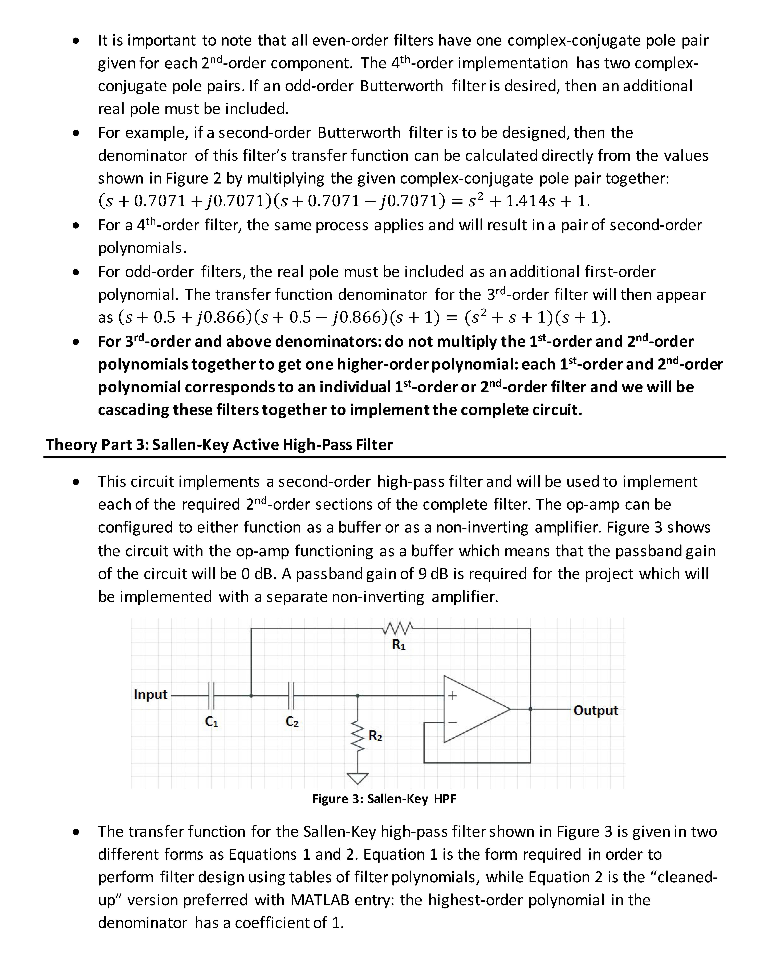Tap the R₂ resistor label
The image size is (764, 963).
(x=375, y=736)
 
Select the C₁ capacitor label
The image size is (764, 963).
(x=211, y=721)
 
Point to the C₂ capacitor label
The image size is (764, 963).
(x=292, y=721)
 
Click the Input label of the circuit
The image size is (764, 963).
(x=151, y=694)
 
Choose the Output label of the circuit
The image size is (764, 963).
(x=596, y=711)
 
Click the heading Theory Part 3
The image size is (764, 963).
(x=219, y=445)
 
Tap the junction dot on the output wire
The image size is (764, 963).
(x=530, y=709)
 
